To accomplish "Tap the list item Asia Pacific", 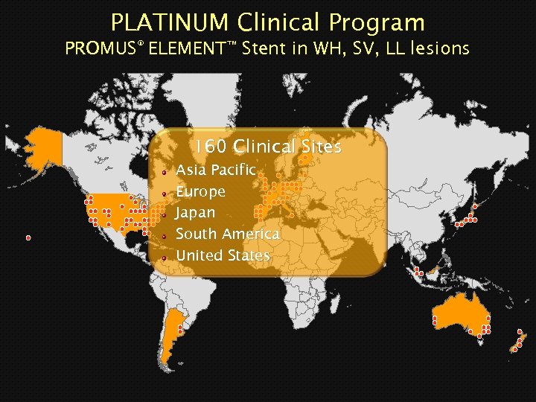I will click(215, 170).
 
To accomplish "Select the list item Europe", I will click(200, 191).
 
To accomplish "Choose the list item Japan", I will click(195, 213).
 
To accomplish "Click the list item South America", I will click(227, 234).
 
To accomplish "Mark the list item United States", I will click(223, 255).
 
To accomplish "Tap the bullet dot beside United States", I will click(164, 258).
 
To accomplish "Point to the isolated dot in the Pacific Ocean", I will click(28, 238).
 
